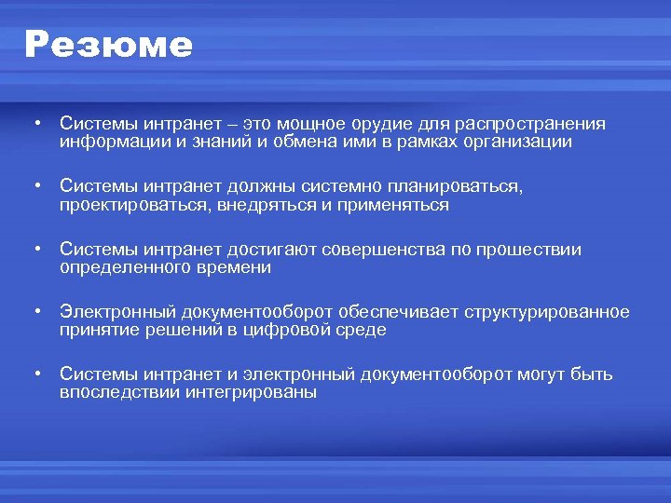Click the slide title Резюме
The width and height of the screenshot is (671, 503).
[x=108, y=45]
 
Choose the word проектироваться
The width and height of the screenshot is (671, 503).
[x=134, y=205]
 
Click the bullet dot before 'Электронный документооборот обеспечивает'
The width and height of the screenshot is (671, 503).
[x=34, y=312]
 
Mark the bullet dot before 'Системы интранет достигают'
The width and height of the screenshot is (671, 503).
[x=34, y=250]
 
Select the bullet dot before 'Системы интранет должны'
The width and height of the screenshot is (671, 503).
[x=34, y=187]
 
